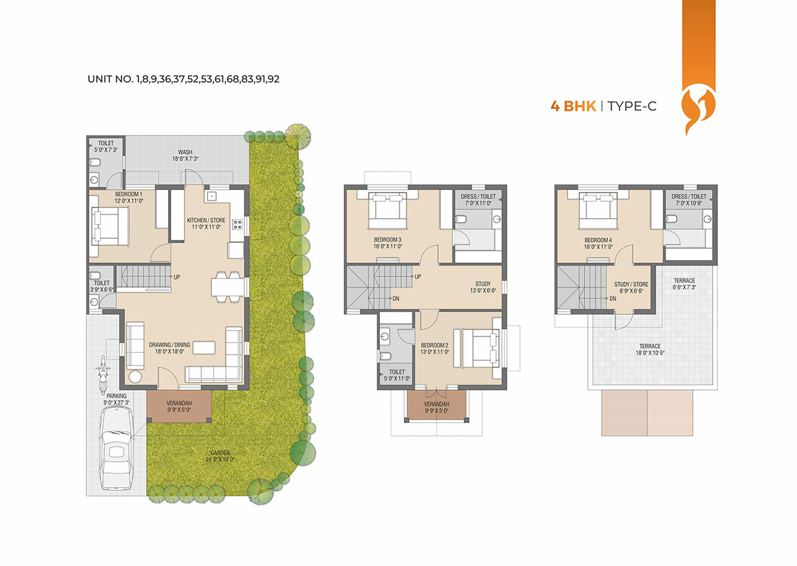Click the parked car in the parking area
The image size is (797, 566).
point(116,448)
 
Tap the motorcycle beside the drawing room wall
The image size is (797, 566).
point(103,374)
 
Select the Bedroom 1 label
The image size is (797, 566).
point(128,197)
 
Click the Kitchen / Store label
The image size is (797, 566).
point(207,224)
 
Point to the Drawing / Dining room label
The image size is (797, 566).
point(169,348)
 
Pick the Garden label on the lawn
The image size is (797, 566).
point(220,456)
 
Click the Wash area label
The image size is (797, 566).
point(185,155)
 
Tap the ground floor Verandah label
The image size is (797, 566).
point(179,407)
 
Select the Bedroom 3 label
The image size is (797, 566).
point(387,243)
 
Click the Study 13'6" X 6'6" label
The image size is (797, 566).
point(483,287)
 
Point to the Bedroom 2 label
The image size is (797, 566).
point(434,349)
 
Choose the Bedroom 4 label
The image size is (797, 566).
point(598,244)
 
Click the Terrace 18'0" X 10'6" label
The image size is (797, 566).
point(650,349)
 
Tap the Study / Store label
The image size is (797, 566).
point(631,288)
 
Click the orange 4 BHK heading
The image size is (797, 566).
point(573,106)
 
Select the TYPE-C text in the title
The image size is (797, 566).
point(632,106)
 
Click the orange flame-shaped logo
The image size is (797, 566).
point(698,111)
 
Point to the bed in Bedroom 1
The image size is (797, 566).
point(110,227)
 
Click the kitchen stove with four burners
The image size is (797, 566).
point(237,225)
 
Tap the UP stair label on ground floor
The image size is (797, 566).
point(177,277)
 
